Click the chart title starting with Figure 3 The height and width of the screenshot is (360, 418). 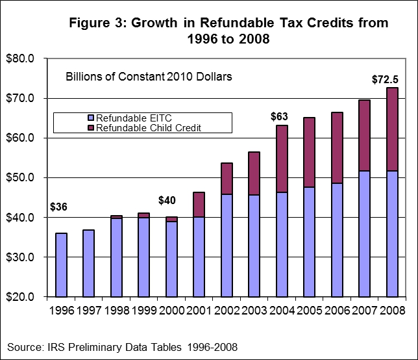click(229, 31)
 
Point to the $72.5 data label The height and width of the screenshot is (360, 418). click(384, 79)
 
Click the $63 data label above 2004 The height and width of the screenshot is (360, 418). click(278, 117)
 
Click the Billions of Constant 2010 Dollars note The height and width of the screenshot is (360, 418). click(149, 76)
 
